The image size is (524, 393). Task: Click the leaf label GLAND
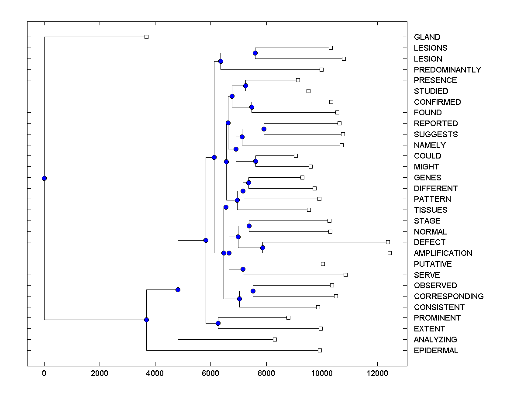click(427, 37)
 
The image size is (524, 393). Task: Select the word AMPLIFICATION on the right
click(443, 253)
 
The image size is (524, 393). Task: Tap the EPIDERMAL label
click(436, 351)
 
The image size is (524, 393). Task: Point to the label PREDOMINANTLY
click(447, 70)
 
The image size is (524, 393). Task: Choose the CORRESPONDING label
click(448, 296)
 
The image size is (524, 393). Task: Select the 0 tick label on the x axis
click(44, 374)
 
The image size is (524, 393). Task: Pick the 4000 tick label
click(155, 374)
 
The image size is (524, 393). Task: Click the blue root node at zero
click(44, 178)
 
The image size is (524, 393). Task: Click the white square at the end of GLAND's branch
click(146, 37)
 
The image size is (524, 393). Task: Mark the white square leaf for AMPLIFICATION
click(390, 253)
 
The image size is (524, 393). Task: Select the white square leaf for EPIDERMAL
click(320, 350)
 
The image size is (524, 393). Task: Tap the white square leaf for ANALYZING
click(275, 339)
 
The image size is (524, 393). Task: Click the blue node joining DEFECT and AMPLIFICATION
click(262, 248)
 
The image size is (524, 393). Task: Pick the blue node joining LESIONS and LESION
click(255, 53)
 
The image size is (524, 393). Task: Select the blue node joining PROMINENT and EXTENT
click(218, 323)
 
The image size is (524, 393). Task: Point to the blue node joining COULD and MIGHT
click(256, 161)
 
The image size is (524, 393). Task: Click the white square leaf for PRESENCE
click(298, 80)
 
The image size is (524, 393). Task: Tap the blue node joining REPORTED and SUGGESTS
click(264, 129)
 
